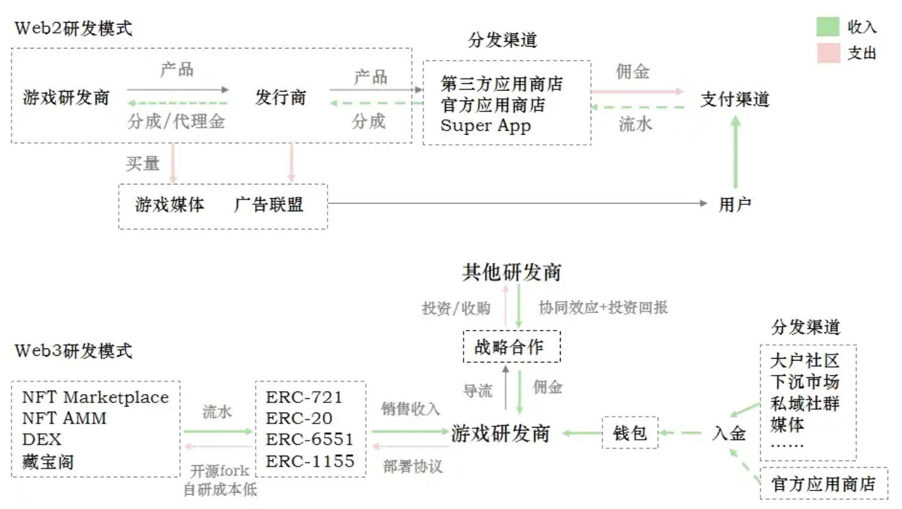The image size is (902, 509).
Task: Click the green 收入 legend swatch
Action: [x=828, y=26]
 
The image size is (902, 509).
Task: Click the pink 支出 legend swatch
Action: [x=829, y=53]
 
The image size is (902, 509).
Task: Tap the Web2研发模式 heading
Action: [x=73, y=29]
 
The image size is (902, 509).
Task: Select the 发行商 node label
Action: [x=281, y=98]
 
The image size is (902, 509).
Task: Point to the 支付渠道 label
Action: [x=735, y=99]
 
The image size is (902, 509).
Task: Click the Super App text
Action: [x=486, y=126]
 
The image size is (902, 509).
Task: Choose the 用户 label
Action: [x=735, y=204]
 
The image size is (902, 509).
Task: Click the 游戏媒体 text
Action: [x=169, y=205]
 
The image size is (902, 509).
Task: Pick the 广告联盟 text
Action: [x=268, y=205]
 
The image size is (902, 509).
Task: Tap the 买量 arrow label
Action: [x=143, y=163]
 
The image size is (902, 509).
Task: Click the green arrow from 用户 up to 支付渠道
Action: [x=735, y=152]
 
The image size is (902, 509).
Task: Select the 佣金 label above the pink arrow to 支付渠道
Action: [x=632, y=72]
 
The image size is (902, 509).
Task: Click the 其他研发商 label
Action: [x=511, y=272]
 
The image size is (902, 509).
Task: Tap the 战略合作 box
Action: [x=511, y=347]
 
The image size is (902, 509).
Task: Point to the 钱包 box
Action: [x=630, y=433]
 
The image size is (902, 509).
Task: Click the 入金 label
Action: [x=729, y=434]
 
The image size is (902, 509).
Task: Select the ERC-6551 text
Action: [x=309, y=440]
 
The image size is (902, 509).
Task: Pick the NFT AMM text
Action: [x=65, y=419]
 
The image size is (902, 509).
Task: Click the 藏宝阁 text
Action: [x=48, y=462]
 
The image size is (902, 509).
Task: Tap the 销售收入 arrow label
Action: [x=410, y=409]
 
